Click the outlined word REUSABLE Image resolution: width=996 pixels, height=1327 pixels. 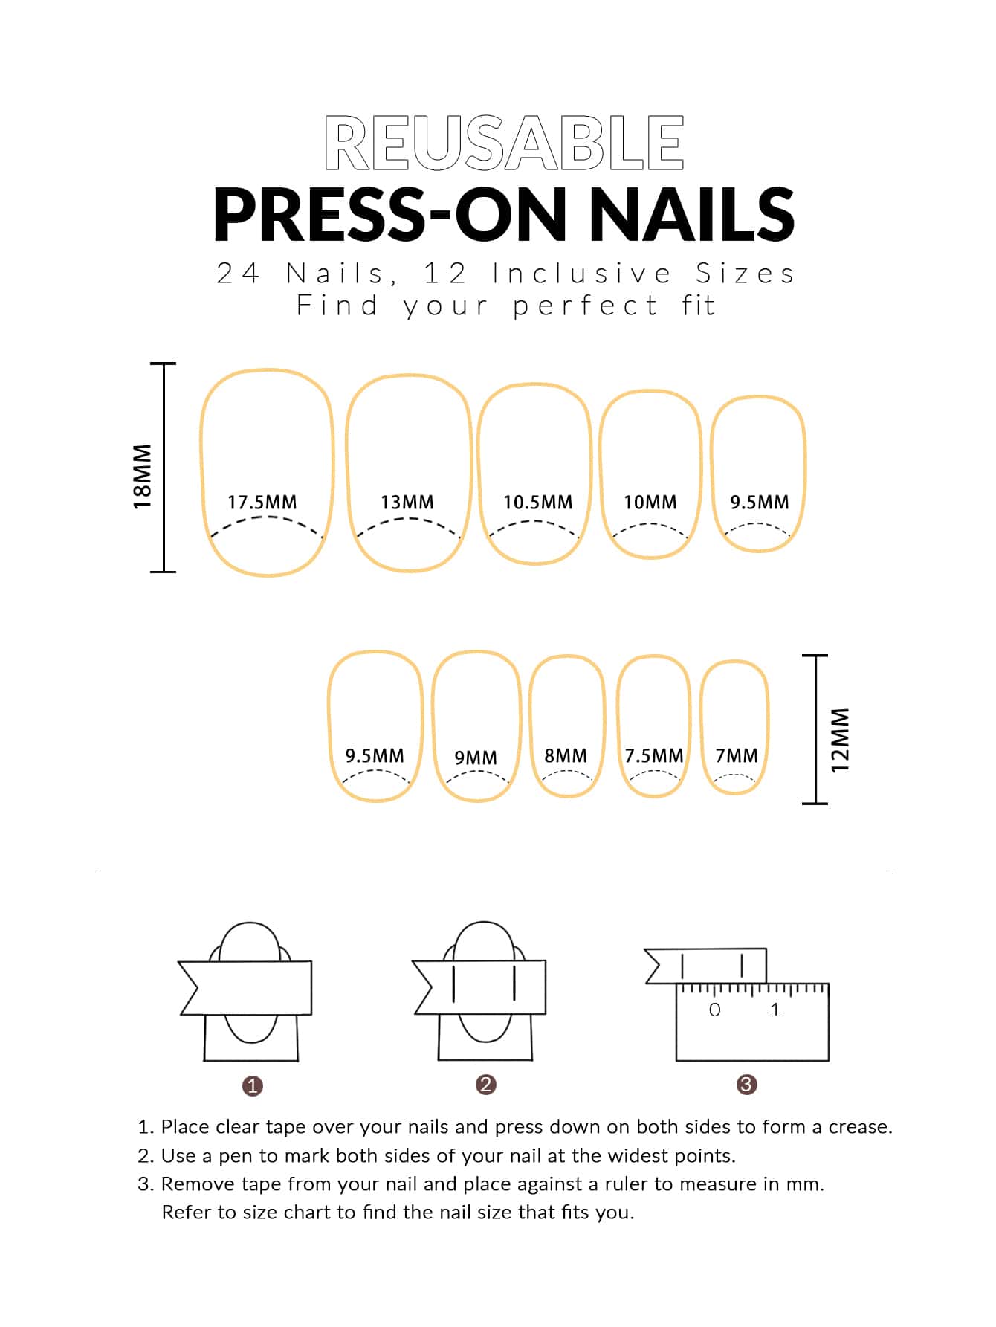click(x=504, y=143)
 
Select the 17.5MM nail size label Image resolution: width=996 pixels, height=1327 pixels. click(x=262, y=503)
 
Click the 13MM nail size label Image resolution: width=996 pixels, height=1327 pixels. click(x=407, y=503)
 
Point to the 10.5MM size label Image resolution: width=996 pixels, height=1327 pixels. click(x=538, y=503)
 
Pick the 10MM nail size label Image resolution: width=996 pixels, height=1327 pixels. click(x=650, y=503)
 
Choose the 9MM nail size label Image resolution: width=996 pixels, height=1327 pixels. click(x=476, y=758)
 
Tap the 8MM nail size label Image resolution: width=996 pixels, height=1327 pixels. click(x=566, y=756)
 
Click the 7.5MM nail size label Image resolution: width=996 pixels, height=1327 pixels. click(x=654, y=756)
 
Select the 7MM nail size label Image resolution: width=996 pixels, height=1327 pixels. click(x=737, y=756)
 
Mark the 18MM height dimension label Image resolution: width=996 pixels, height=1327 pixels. click(x=142, y=477)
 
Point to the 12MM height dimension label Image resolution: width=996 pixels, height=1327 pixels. click(x=840, y=740)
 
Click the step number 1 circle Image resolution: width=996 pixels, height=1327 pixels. click(x=253, y=1086)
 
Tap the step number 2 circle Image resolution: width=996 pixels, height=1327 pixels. click(x=486, y=1085)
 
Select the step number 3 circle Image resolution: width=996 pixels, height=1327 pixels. click(x=746, y=1085)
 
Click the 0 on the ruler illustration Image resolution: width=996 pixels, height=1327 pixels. click(x=715, y=1010)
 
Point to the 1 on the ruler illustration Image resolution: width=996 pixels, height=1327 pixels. click(x=776, y=1010)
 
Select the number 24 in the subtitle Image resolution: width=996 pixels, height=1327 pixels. click(x=239, y=274)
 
